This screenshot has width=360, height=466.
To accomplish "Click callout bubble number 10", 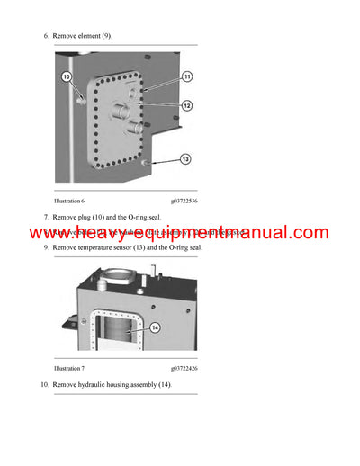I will (x=66, y=77).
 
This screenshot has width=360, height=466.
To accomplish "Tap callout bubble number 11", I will (x=187, y=77).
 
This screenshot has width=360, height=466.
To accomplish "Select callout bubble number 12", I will (x=187, y=105).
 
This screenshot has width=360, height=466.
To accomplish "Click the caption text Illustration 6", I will (x=69, y=201).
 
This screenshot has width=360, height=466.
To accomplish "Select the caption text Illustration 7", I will (x=69, y=369).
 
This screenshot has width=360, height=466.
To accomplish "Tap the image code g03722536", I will (x=184, y=201).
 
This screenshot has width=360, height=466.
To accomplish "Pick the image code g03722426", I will (x=184, y=369).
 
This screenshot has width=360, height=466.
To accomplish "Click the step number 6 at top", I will (x=44, y=36).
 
